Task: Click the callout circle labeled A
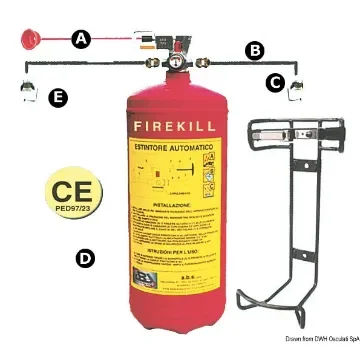click(81, 39)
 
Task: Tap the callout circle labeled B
click(255, 48)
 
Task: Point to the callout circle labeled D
click(86, 258)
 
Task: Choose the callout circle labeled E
click(60, 97)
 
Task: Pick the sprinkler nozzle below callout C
click(296, 92)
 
